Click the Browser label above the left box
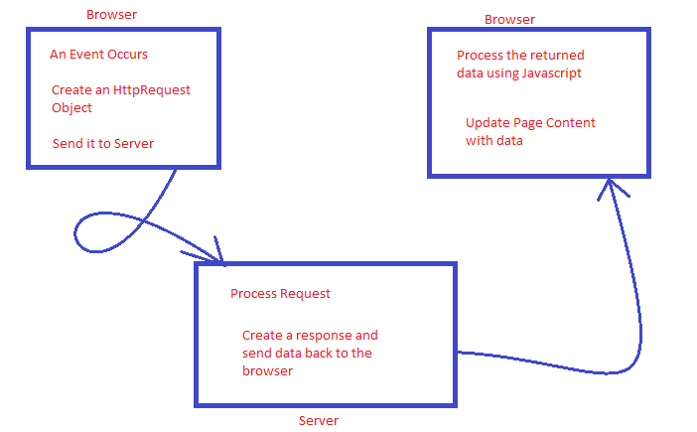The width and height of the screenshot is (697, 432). coord(111,15)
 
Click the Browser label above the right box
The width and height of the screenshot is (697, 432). coord(509,20)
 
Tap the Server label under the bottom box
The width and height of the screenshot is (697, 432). coord(319,420)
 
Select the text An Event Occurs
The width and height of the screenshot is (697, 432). coord(98,55)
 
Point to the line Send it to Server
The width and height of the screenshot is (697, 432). coord(103,144)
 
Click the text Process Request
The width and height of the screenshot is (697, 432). coord(280,293)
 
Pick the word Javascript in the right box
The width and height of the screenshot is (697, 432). coord(546,72)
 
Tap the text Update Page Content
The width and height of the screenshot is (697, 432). coord(530,122)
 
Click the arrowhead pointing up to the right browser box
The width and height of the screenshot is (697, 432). coord(615,189)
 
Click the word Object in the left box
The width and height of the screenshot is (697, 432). coord(71,107)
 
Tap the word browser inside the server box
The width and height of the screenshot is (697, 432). coord(267,371)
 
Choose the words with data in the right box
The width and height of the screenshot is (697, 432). coord(493,141)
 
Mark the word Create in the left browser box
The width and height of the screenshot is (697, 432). coord(72,90)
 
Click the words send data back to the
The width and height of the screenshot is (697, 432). coord(307,354)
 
